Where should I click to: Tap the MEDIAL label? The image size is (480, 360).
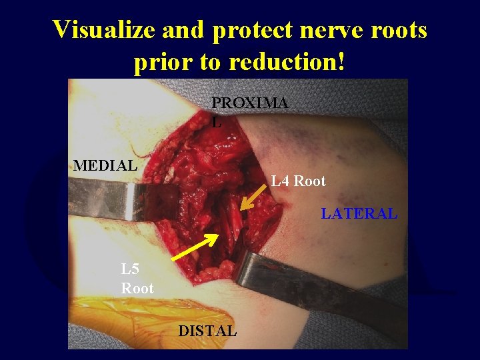tap(105, 165)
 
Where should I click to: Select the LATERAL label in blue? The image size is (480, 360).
tap(359, 214)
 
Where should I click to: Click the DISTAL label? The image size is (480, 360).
tap(207, 331)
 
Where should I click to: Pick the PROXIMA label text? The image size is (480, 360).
tap(250, 103)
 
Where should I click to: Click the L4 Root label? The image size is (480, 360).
tap(298, 181)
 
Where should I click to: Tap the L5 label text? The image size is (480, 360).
tap(131, 270)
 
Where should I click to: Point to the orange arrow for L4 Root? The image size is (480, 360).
tap(253, 198)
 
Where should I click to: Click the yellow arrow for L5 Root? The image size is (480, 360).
tap(195, 247)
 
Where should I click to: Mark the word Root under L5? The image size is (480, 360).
tap(137, 289)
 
